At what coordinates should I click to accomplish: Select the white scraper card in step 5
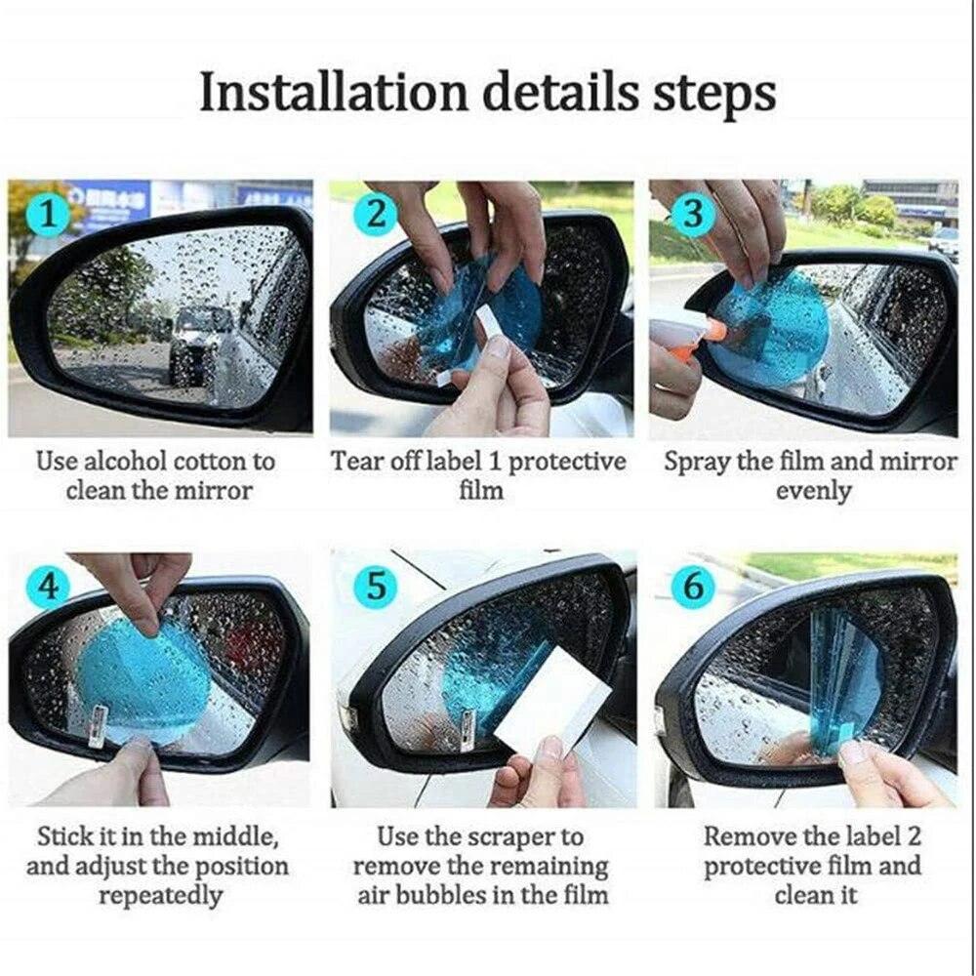click(552, 706)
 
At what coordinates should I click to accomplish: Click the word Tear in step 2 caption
click(356, 462)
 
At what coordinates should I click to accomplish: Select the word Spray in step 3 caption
click(697, 462)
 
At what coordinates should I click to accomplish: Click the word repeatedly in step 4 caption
click(158, 895)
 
